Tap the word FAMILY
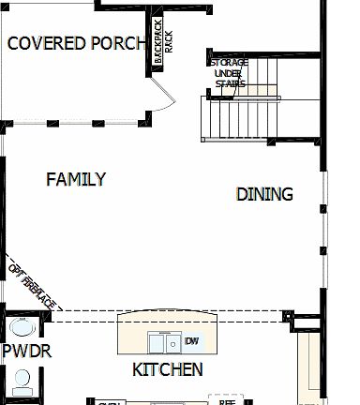pos(76,179)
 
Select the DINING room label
pos(264,194)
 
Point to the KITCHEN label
pos(167,369)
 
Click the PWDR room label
pos(26,351)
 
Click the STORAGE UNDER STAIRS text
pos(229,73)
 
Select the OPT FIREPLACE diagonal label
pos(33,284)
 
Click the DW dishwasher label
pos(192,340)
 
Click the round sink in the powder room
pos(22,329)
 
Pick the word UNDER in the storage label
pos(229,73)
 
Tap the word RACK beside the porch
pos(169,42)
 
